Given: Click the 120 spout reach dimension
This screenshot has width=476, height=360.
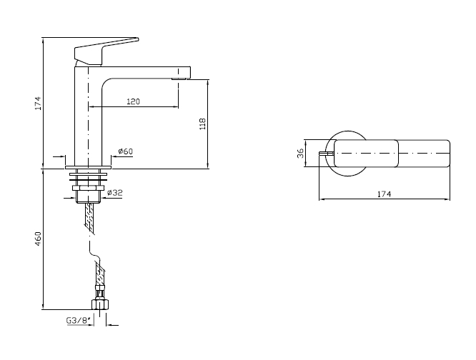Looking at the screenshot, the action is tap(133, 101).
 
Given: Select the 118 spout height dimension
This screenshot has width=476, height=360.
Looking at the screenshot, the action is tap(202, 124).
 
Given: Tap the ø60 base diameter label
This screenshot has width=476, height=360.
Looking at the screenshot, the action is tap(126, 151).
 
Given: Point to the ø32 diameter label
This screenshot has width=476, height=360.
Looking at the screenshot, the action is tap(115, 192).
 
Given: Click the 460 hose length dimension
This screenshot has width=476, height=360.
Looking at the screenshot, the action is tap(38, 239).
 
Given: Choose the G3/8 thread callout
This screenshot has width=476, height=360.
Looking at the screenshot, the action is tap(79, 320).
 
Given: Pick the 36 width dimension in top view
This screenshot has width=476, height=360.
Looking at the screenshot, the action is tap(300, 153).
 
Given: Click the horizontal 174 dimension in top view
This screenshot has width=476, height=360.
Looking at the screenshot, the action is tap(384, 194).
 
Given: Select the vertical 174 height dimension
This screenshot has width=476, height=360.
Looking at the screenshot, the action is tap(38, 103).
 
